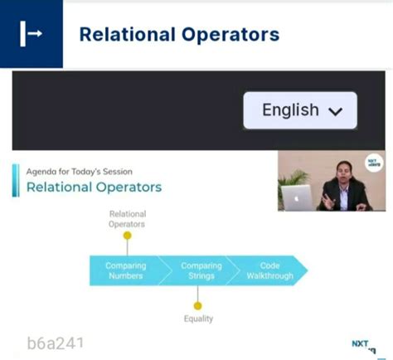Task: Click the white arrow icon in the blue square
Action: [x=31, y=34]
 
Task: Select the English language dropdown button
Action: [x=300, y=110]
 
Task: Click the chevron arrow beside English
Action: [x=336, y=112]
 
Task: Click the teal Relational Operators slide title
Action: [x=94, y=187]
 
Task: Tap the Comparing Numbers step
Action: [x=125, y=270]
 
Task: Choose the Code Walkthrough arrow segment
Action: [x=269, y=270]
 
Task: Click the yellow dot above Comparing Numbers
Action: [x=127, y=236]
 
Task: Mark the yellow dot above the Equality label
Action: [x=197, y=305]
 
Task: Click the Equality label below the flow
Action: [x=198, y=319]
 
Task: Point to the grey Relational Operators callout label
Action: [x=127, y=219]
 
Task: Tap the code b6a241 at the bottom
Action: [x=56, y=342]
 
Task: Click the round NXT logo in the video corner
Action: [x=374, y=163]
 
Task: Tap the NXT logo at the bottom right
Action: [x=361, y=344]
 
